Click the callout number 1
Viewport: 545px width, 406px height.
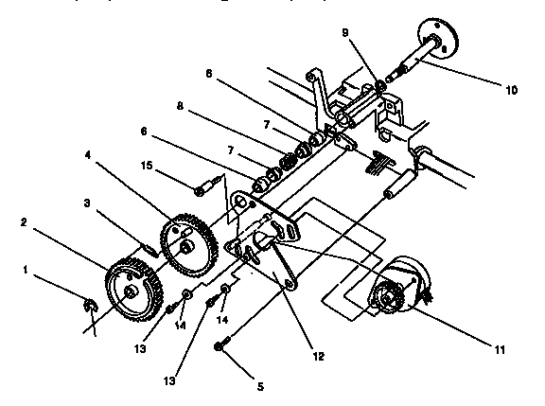click(25, 270)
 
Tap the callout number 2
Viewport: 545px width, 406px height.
click(24, 222)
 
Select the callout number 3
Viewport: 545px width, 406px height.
click(87, 203)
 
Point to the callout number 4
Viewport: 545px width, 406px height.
click(88, 155)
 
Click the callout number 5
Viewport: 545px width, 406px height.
click(261, 386)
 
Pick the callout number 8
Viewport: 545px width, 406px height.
click(180, 106)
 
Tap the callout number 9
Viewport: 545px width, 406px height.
click(344, 33)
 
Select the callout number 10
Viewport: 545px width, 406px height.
click(511, 90)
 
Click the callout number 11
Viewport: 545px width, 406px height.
click(500, 349)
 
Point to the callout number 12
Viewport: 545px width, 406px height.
click(318, 356)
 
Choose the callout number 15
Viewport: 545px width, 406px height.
click(147, 166)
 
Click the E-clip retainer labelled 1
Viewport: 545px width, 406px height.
click(91, 305)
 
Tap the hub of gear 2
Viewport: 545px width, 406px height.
click(131, 292)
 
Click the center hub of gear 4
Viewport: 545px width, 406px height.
click(188, 246)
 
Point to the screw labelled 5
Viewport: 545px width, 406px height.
click(221, 344)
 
